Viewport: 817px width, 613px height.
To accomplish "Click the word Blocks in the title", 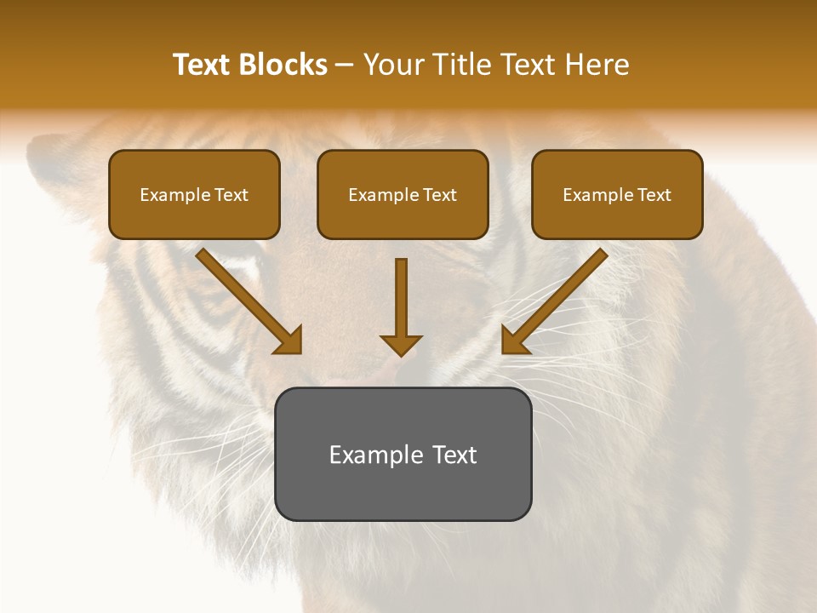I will tap(284, 65).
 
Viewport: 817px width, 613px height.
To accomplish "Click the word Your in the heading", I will tap(394, 65).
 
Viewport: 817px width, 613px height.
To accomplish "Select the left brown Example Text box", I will tap(194, 195).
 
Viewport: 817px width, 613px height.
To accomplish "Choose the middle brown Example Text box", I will tap(403, 195).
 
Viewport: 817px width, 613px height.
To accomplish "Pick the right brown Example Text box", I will tap(617, 195).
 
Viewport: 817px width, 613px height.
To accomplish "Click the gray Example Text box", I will tap(403, 454).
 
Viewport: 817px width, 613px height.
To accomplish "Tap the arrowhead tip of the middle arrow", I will tap(401, 353).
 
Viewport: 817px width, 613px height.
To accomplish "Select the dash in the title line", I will tap(345, 65).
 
